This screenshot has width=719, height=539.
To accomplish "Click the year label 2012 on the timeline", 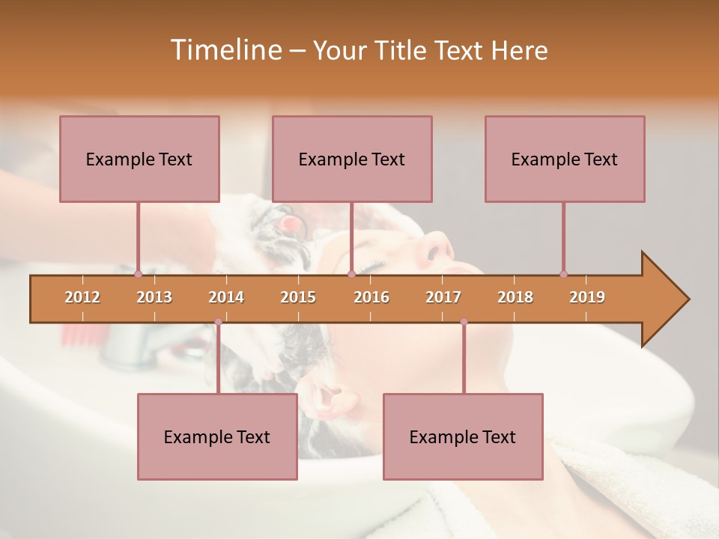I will pos(82,297).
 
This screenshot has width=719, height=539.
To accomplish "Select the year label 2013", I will pos(154,297).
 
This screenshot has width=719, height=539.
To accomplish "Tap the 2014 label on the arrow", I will pos(226,297).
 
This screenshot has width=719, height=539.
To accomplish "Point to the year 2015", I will pos(298,297).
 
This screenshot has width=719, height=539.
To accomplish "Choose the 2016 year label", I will pos(371,297).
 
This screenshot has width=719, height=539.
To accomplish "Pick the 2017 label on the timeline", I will pos(443,297).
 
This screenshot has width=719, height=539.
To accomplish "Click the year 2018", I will pos(515,297).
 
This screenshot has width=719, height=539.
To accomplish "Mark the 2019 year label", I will pos(587,297).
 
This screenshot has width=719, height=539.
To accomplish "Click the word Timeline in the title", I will pos(224,50).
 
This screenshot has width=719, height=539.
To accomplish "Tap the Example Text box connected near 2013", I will pos(139,159).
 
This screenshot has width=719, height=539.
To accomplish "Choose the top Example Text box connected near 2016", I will pos(352,159).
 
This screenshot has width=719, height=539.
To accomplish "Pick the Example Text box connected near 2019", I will pos(565,159).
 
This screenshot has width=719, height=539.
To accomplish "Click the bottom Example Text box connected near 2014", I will pos(217,436).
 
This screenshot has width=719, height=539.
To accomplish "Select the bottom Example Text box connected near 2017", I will pos(463,436).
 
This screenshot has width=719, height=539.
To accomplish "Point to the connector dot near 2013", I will pos(138,274).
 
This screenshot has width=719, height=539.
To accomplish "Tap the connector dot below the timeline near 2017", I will pos(464,322).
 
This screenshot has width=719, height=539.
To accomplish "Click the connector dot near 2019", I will pos(563,274).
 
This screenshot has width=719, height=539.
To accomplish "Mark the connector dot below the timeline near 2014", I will pos(218,322).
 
